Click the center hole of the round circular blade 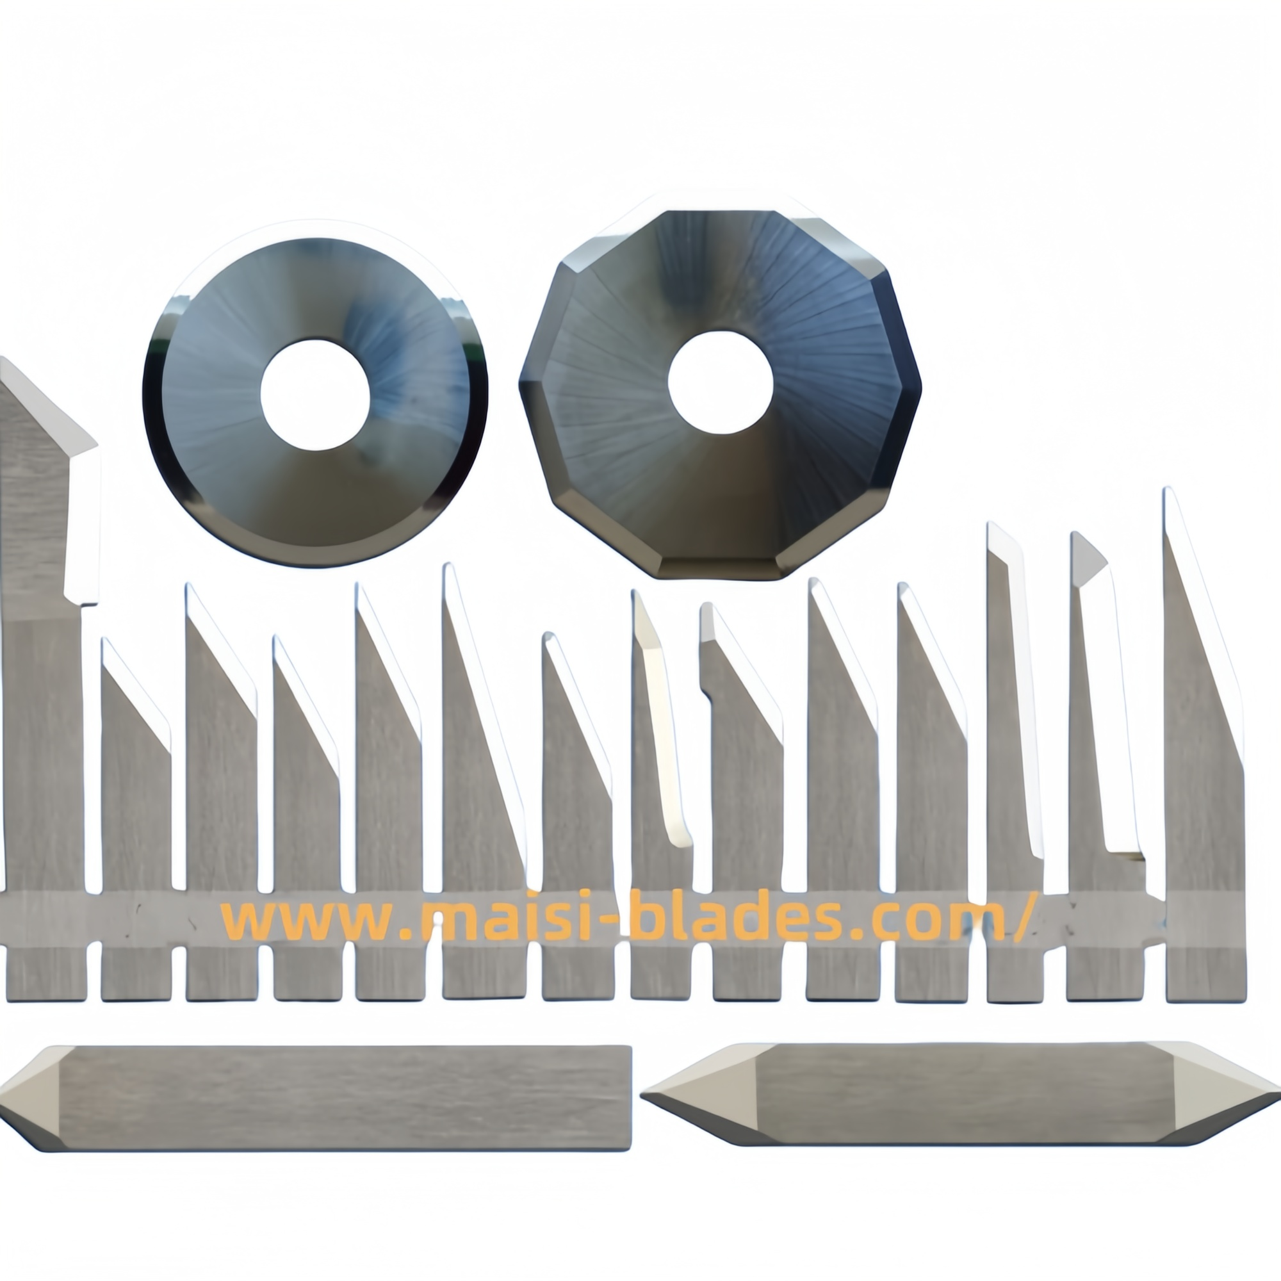315,395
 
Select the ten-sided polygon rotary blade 721,395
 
